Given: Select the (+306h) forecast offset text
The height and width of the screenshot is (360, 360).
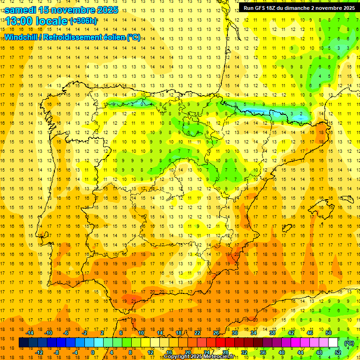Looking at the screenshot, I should click(x=83, y=21).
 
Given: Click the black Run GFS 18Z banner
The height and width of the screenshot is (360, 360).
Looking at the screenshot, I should click(x=299, y=7).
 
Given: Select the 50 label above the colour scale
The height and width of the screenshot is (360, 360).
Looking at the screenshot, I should click(x=329, y=333).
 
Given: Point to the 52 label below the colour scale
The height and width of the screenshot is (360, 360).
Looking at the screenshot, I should click(x=338, y=352).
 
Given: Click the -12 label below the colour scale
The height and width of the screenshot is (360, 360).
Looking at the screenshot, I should click(x=39, y=352).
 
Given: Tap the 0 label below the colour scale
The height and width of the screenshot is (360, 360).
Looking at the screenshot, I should click(x=93, y=352).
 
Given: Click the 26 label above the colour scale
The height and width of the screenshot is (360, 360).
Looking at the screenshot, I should click(x=216, y=333).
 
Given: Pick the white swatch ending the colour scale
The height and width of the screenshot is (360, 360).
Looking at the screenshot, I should click(x=333, y=343).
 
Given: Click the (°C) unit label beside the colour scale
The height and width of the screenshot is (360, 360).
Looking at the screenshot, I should click(x=349, y=343).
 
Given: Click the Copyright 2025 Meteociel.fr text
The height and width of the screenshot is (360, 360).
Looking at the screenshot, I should click(x=199, y=357).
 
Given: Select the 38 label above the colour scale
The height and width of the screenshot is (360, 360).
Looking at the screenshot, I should click(x=272, y=333).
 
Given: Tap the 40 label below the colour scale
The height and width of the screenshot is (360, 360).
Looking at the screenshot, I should click(x=281, y=352).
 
